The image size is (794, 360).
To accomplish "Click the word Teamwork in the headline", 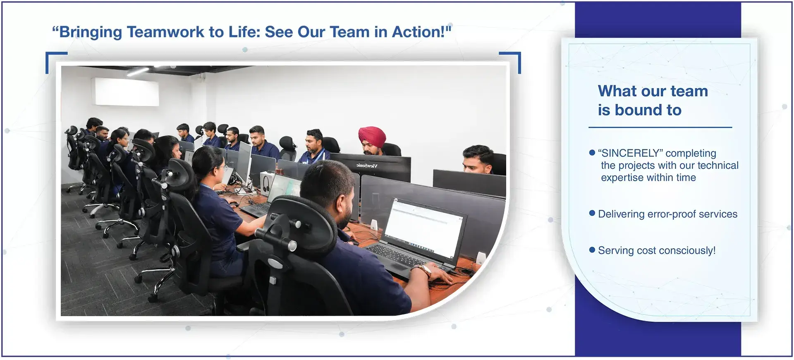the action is pos(165,32).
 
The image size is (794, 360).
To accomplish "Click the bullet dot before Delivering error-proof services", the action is pos(592,213).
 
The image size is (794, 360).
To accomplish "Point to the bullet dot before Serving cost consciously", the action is pos(592,250).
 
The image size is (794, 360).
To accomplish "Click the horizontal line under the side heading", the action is pos(660,127).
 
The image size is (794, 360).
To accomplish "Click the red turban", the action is pos(371,137).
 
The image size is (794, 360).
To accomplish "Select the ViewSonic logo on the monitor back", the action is pos(367,166).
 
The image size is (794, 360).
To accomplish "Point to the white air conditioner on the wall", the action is pos(127,92).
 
